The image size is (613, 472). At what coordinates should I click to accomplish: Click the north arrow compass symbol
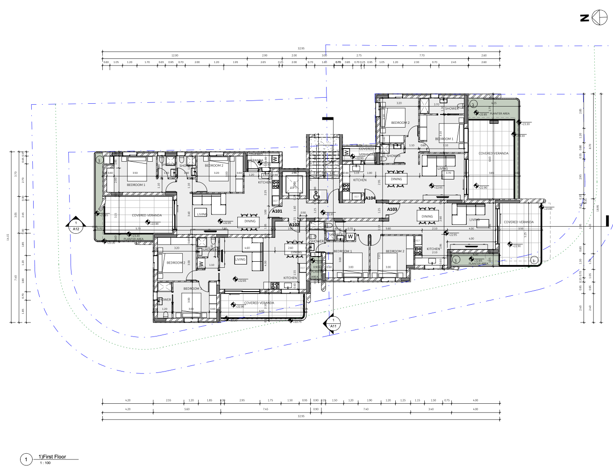click(599, 18)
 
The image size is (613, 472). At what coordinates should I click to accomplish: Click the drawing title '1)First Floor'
click(52, 457)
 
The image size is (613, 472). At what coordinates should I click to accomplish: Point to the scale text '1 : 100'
click(45, 463)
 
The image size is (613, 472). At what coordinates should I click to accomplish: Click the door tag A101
click(277, 211)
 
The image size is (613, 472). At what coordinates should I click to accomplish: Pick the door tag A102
click(294, 225)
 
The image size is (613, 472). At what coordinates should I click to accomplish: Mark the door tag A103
click(392, 209)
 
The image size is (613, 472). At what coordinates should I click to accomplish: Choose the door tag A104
click(370, 198)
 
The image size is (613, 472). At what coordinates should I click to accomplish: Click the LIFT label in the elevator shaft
click(293, 188)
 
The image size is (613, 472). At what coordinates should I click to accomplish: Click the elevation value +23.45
click(548, 209)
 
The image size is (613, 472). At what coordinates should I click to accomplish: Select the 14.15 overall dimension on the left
click(8, 237)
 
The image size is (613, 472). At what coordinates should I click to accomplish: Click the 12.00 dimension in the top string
click(175, 55)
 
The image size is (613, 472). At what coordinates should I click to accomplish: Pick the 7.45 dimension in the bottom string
click(265, 409)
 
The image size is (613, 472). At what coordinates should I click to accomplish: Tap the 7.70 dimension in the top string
click(422, 55)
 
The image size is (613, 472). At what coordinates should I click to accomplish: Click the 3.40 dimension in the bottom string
click(431, 409)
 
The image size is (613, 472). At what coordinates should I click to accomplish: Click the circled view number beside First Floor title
click(26, 460)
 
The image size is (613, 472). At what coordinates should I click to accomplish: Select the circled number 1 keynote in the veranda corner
click(534, 260)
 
